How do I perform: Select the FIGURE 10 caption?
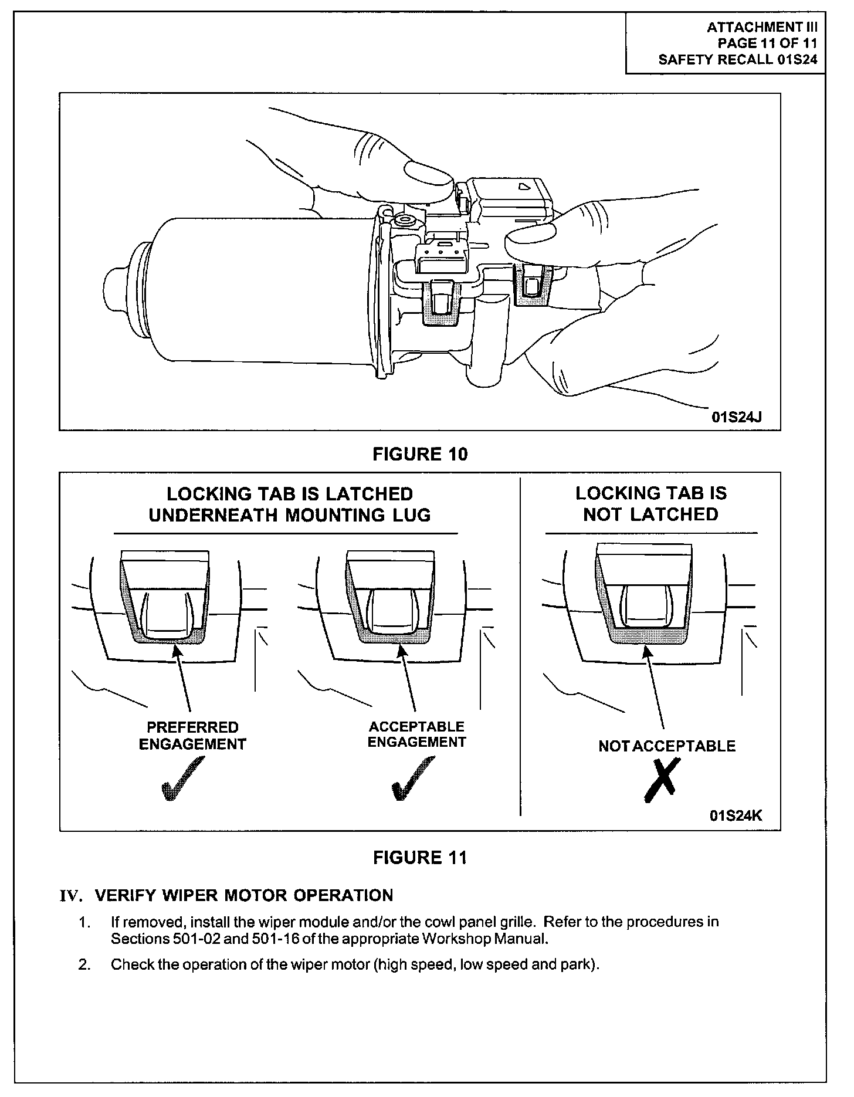[x=420, y=453]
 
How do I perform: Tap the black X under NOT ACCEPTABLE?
[x=663, y=779]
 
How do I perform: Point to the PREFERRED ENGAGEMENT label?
[x=192, y=736]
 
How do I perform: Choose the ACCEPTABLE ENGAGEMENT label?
[x=416, y=734]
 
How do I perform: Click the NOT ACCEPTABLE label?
[x=667, y=746]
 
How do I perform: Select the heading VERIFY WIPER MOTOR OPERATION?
[x=244, y=895]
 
